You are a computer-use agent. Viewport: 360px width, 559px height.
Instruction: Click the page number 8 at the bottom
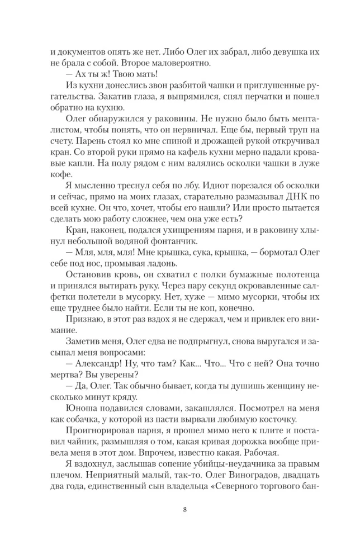184,509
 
